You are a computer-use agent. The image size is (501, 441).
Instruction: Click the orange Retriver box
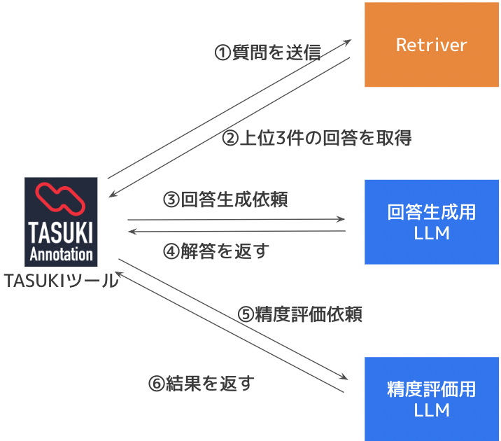point(431,45)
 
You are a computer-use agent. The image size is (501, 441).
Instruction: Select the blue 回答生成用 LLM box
point(431,222)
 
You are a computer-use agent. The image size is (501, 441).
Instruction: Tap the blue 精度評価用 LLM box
point(431,398)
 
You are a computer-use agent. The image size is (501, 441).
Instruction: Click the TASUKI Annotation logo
point(62,220)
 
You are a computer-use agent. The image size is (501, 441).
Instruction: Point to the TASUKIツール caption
point(61,280)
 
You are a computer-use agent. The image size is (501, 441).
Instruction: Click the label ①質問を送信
point(267,53)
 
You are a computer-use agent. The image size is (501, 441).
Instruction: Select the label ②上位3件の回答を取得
point(316,138)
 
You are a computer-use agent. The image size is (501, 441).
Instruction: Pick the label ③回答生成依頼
point(225,199)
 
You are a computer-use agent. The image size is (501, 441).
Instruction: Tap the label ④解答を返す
point(216,251)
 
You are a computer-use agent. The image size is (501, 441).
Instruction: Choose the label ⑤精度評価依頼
point(299,314)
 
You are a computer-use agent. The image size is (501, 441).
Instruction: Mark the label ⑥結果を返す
point(201,384)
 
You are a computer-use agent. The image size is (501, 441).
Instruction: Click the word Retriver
point(431,45)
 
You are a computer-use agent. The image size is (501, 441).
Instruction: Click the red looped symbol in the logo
point(62,197)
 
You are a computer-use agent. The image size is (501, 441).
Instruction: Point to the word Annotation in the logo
point(62,253)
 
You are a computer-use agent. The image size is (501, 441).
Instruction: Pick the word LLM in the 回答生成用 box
point(431,233)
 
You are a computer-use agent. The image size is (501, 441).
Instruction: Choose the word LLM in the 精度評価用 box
point(431,409)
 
